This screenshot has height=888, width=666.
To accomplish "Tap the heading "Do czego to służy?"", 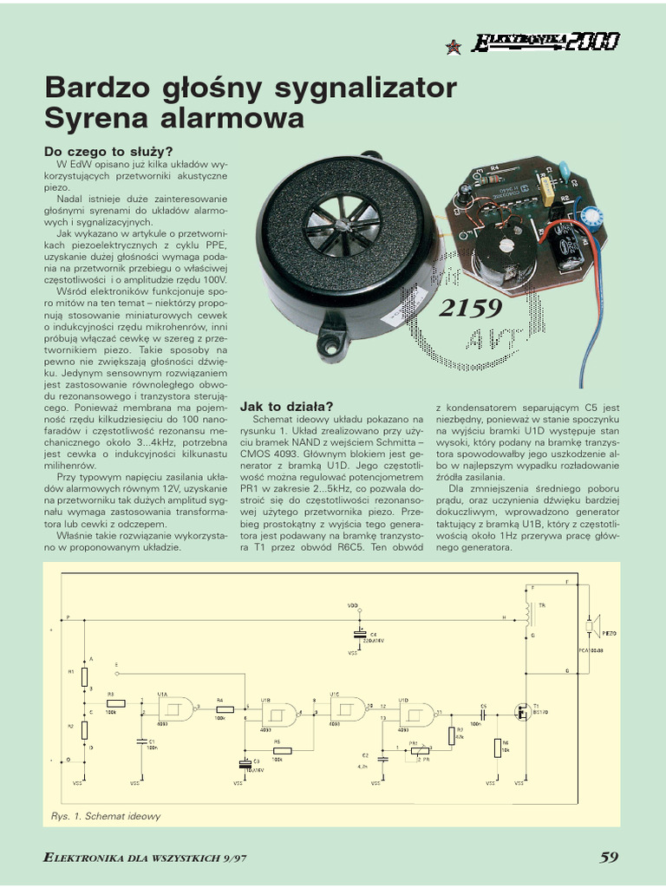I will tap(108, 151).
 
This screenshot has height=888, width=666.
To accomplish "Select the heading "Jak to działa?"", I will tap(286, 406).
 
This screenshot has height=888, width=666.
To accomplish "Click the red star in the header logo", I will tap(453, 47).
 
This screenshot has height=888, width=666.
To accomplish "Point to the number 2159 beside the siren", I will tap(471, 308).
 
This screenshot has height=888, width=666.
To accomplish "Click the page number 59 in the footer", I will tap(609, 857).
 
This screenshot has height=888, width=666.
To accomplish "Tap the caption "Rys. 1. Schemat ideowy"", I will tap(106, 816).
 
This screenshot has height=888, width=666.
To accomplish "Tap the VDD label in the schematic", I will tap(352, 604).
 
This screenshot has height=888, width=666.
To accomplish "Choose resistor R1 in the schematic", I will tap(84, 676).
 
